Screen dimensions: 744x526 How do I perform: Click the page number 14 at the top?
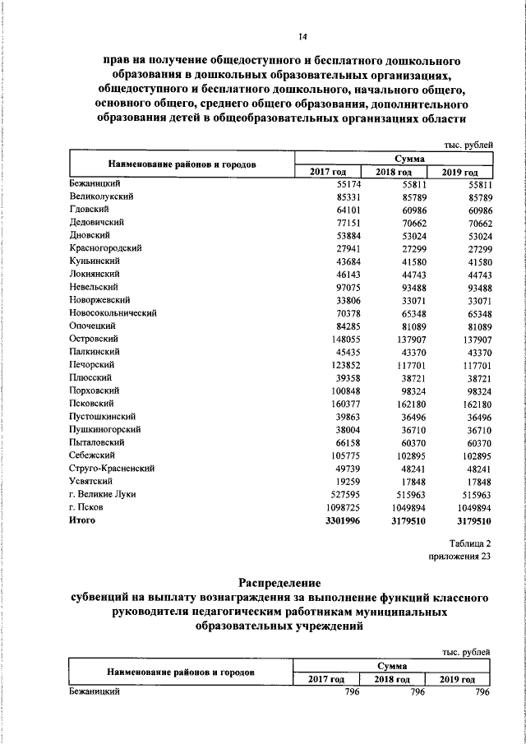tap(302, 35)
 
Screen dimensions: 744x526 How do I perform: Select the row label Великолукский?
tap(101, 196)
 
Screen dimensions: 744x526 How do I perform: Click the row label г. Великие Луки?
tap(103, 494)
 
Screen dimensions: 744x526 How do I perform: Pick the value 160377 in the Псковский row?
tap(344, 404)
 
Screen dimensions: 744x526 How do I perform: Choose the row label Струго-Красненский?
tap(112, 468)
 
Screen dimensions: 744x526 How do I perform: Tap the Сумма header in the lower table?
tap(394, 664)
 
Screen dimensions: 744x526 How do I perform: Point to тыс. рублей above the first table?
tap(468, 145)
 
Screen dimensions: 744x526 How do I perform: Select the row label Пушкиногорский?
tap(105, 429)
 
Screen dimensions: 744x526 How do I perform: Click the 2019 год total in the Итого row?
tap(470, 520)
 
